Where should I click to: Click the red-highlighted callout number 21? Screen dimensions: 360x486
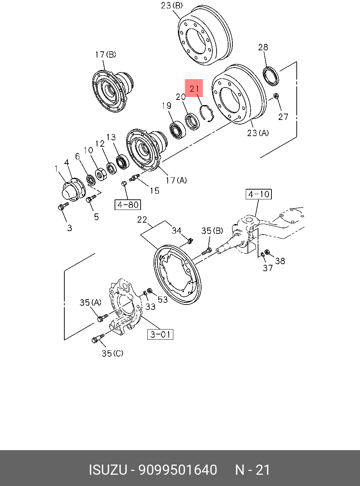(194, 89)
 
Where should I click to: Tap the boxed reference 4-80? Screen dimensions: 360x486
(128, 205)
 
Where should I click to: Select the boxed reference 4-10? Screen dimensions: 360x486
(258, 194)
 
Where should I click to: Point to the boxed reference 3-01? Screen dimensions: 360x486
(160, 334)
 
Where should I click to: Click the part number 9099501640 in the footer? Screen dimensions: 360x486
(178, 470)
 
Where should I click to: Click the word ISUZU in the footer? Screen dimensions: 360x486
(108, 470)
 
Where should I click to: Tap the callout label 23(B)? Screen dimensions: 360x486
(172, 6)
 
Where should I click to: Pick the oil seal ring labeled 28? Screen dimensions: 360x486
(271, 77)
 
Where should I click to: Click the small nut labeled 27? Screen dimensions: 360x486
(276, 96)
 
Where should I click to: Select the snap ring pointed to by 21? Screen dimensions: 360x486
(207, 113)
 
